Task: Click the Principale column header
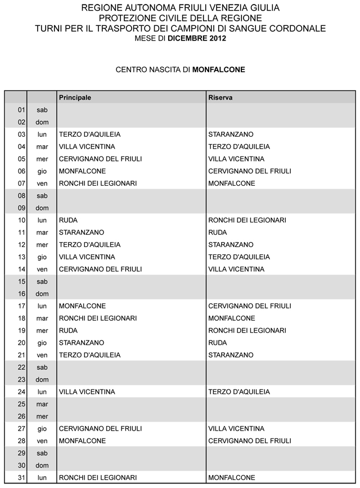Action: [75, 97]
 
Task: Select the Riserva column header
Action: [220, 97]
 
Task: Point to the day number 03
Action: [22, 135]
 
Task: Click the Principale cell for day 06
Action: [82, 171]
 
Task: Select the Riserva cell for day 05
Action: [236, 159]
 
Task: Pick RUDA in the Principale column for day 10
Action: [68, 220]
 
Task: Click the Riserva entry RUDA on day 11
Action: [218, 232]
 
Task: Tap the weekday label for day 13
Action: [42, 257]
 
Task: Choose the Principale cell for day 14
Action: [100, 269]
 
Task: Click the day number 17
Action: [22, 306]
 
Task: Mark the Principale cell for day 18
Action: [98, 318]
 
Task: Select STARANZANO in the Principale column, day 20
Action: [82, 343]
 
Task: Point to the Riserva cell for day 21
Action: [231, 355]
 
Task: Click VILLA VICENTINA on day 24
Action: [87, 392]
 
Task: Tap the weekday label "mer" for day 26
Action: [42, 417]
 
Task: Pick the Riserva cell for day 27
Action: [236, 428]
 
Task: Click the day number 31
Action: [22, 478]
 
